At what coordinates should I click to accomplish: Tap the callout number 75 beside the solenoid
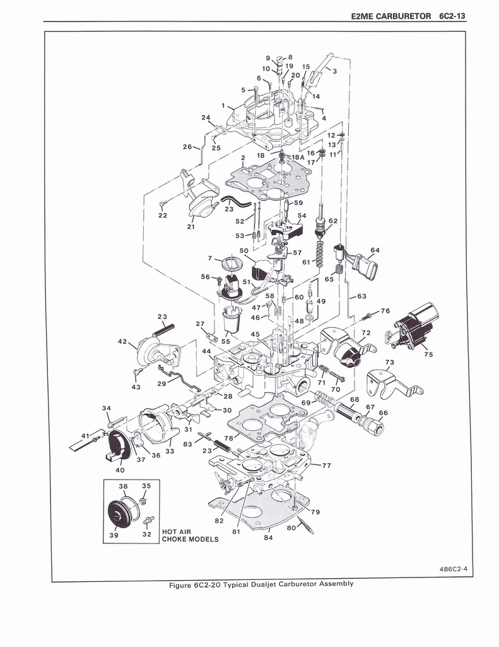[428, 355]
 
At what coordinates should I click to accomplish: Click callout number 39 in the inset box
[114, 535]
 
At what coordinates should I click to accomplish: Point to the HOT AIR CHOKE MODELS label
[190, 535]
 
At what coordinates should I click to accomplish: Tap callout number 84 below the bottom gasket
[268, 538]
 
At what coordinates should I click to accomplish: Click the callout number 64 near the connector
[375, 250]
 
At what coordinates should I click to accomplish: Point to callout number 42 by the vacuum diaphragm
[122, 341]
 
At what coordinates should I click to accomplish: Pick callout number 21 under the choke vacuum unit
[191, 226]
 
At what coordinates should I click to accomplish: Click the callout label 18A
[298, 157]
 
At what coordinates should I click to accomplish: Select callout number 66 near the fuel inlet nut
[383, 413]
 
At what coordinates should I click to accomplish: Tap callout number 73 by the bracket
[389, 362]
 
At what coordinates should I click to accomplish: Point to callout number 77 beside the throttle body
[326, 466]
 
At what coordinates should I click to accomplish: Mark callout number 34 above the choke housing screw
[107, 408]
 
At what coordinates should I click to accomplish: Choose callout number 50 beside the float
[244, 251]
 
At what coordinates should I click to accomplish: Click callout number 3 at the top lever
[334, 71]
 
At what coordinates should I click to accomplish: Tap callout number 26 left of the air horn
[187, 147]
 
